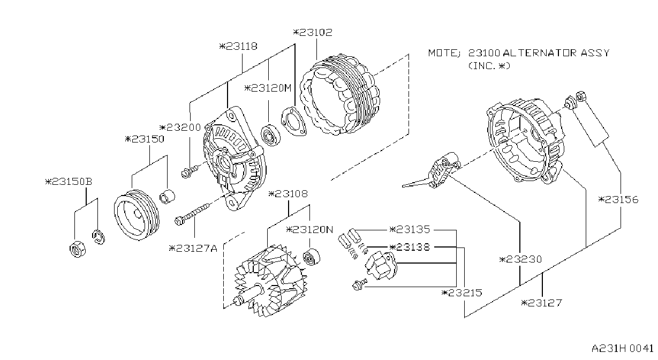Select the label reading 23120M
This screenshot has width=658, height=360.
(268, 88)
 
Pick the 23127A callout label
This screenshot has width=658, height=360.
(193, 249)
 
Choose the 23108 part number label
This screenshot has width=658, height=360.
(288, 194)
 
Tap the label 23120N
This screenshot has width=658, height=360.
(309, 229)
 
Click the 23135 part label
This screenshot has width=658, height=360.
(410, 229)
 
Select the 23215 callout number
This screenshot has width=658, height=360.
(462, 292)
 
